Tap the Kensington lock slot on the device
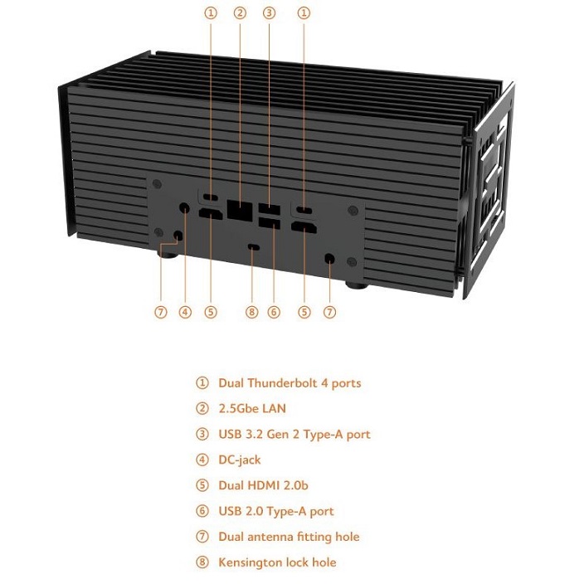click(x=254, y=247)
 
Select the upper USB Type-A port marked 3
click(x=270, y=208)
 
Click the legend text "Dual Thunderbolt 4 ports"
click(x=290, y=383)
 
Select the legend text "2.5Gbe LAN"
click(x=252, y=408)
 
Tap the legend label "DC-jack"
click(x=240, y=460)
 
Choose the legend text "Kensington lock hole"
click(x=277, y=562)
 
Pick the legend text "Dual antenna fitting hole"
click(x=289, y=537)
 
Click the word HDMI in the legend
click(x=263, y=485)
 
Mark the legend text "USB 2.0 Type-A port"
click(x=276, y=511)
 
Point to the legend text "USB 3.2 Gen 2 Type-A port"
click(x=294, y=435)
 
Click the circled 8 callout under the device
click(x=252, y=312)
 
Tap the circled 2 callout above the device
click(x=240, y=13)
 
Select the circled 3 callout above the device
click(x=269, y=13)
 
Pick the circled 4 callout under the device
click(x=185, y=312)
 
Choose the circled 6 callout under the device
click(x=274, y=312)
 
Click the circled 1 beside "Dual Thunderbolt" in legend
click(x=202, y=383)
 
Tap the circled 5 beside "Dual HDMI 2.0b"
click(x=202, y=485)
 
